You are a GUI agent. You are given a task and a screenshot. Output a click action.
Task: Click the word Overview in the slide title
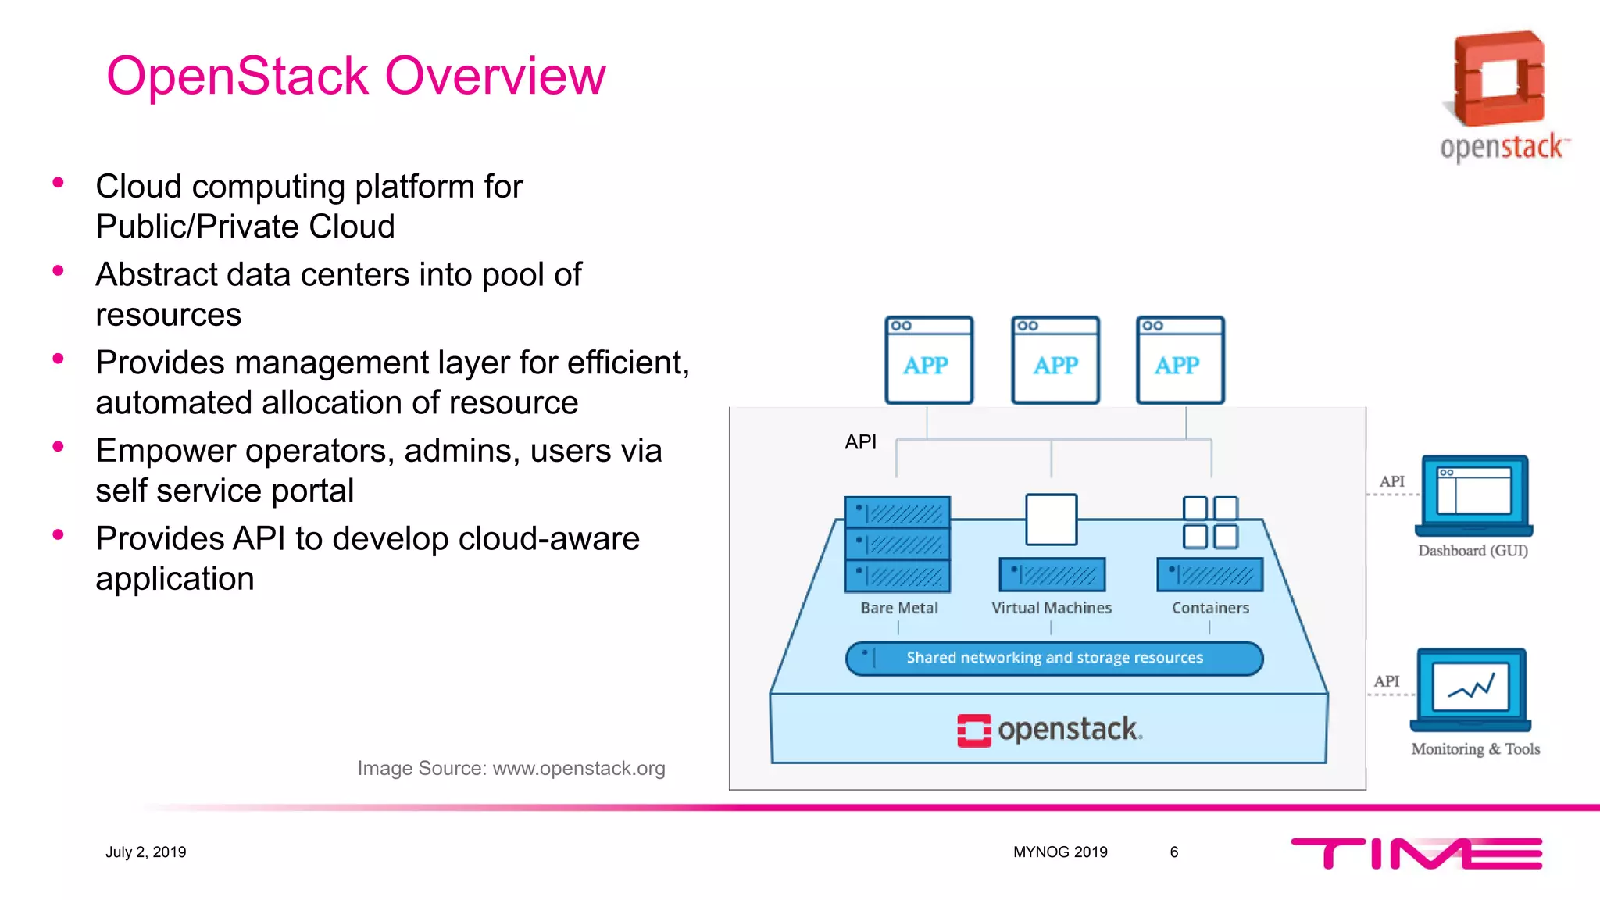495,77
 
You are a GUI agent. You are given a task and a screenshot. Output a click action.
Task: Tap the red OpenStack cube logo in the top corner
1498,79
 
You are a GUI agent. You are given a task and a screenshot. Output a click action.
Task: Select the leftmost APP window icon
928,360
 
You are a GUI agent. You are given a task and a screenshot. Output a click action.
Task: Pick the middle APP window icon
1055,360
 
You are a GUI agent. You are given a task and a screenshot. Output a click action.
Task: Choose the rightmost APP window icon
1180,360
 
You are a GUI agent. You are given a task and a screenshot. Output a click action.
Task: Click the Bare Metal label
898,608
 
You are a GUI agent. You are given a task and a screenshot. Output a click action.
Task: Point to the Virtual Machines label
1051,608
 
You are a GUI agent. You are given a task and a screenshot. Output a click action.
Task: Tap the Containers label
1209,608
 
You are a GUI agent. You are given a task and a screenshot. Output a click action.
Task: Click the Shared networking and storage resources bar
1054,658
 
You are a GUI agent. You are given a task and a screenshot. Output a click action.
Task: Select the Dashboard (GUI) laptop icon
1473,495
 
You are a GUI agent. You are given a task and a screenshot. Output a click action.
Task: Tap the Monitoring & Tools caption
1475,749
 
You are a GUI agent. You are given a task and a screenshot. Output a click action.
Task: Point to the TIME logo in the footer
1416,853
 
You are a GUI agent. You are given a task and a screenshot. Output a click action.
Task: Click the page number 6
1173,852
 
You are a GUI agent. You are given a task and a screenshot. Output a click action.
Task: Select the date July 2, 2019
146,852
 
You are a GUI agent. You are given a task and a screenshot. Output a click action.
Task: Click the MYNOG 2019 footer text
1060,852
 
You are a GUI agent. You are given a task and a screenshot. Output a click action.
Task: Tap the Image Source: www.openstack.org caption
511,769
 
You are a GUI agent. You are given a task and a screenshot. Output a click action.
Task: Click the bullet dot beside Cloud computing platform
58,183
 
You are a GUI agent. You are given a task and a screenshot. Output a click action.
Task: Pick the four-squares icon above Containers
1209,522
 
